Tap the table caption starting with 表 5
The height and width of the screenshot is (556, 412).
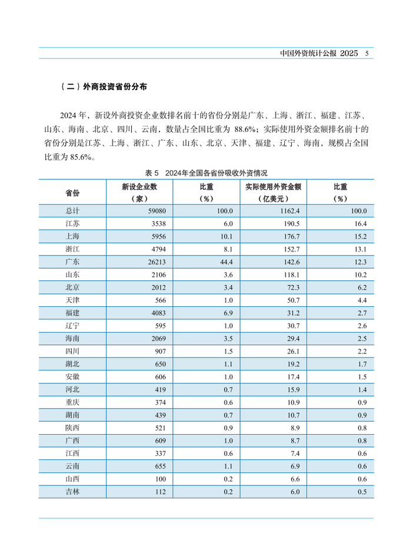coord(206,173)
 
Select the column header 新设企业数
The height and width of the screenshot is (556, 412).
coord(139,187)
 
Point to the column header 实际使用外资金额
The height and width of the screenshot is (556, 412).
coord(273,187)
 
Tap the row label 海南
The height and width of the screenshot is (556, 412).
coord(72,339)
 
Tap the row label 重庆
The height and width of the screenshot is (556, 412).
coord(72,402)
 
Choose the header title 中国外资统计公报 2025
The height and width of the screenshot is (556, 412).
coord(319,54)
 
